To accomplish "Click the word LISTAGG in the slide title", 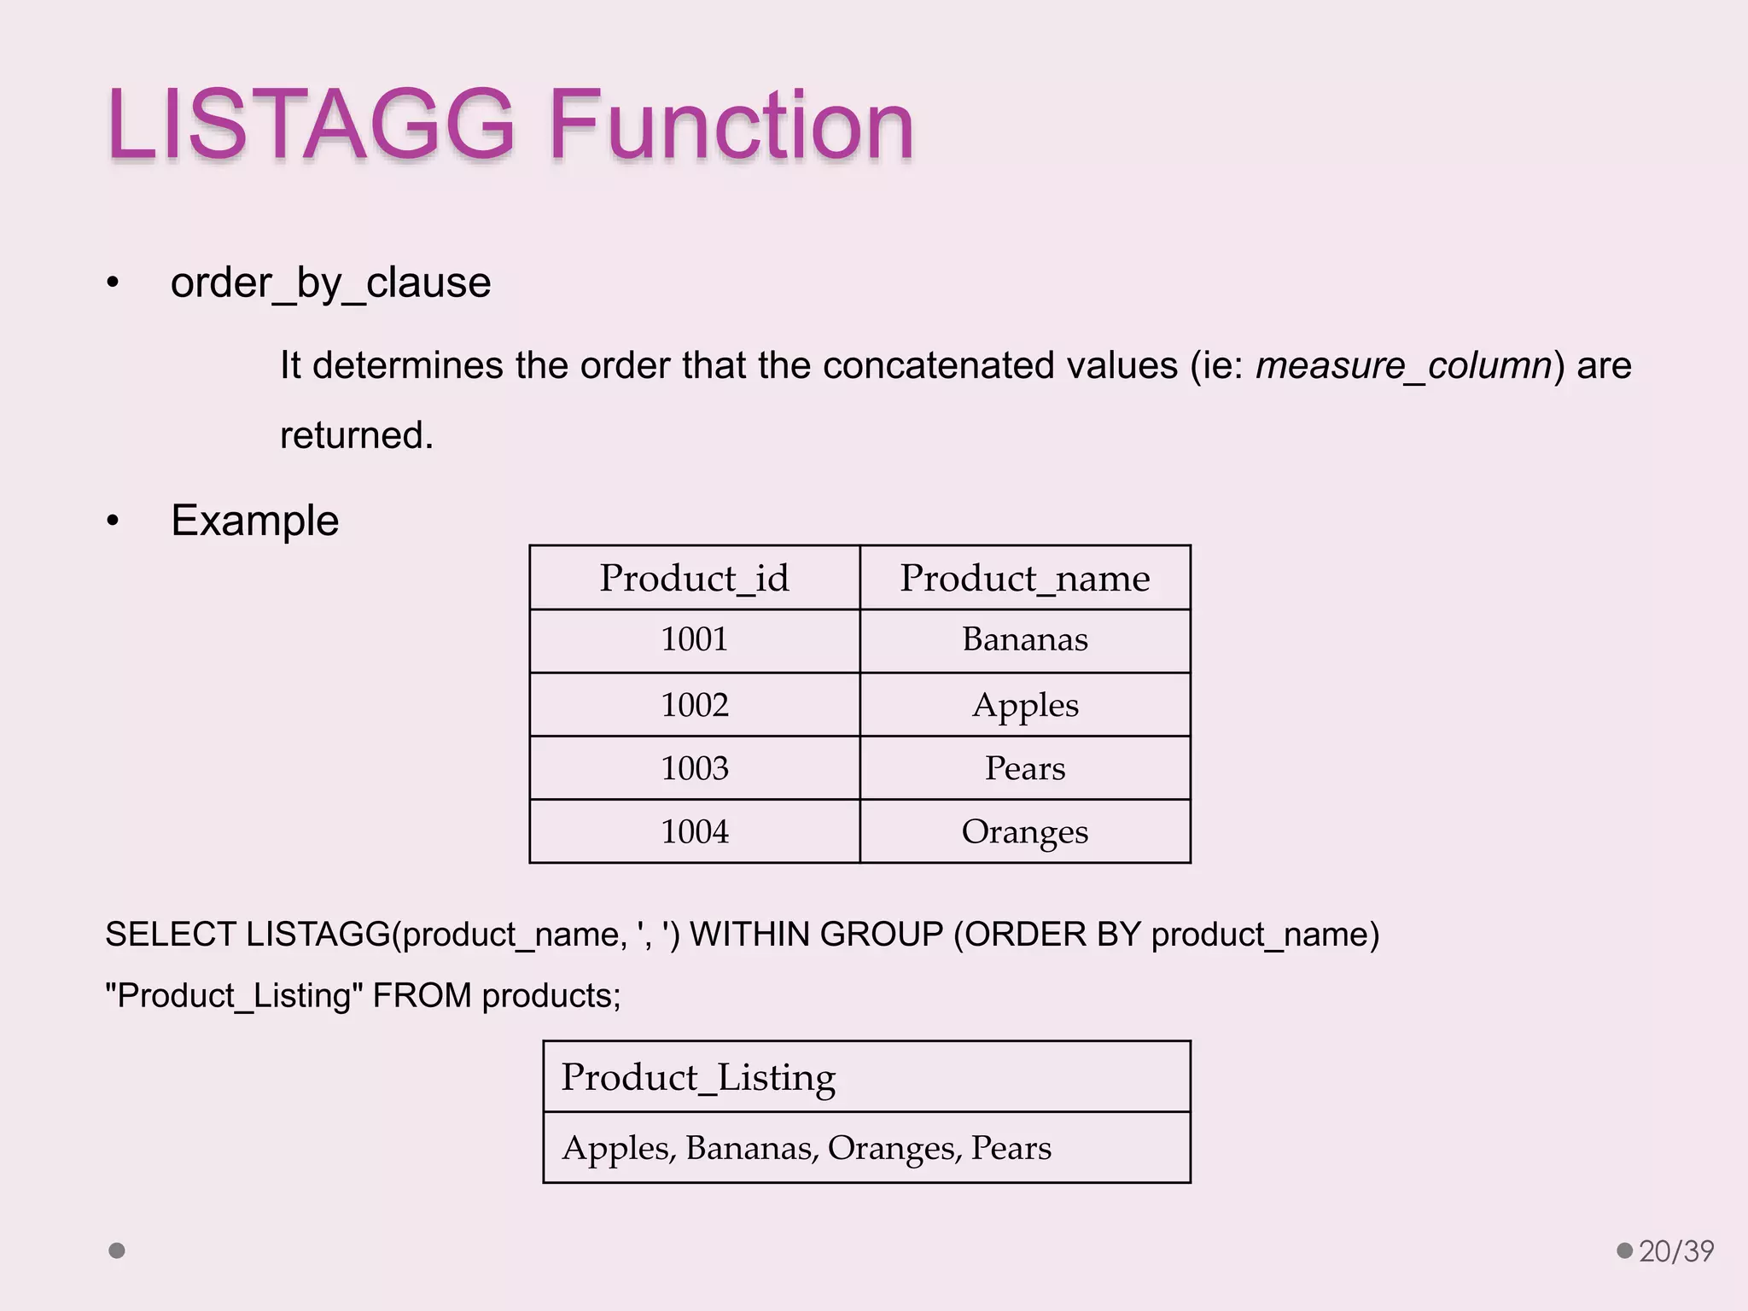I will click(x=312, y=126).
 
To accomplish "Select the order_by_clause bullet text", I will click(x=330, y=283).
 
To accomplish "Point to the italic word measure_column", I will click(x=1403, y=366).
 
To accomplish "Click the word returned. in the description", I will click(x=357, y=435).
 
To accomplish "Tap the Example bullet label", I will click(x=254, y=521).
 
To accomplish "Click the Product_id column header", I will click(x=694, y=579).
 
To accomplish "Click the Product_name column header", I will click(x=1024, y=579).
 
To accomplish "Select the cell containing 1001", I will click(x=694, y=639).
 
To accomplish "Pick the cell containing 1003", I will click(x=694, y=768).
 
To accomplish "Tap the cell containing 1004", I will click(x=694, y=831).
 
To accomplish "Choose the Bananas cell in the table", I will click(x=1024, y=639).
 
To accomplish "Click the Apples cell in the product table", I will click(x=1024, y=705).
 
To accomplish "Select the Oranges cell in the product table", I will click(x=1024, y=831).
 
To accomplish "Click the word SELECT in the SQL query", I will click(x=170, y=935).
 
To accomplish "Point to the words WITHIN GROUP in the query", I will click(x=815, y=935).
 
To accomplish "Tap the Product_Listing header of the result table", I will click(x=698, y=1077).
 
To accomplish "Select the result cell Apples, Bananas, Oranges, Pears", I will click(x=806, y=1148).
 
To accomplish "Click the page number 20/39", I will click(x=1675, y=1251).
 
